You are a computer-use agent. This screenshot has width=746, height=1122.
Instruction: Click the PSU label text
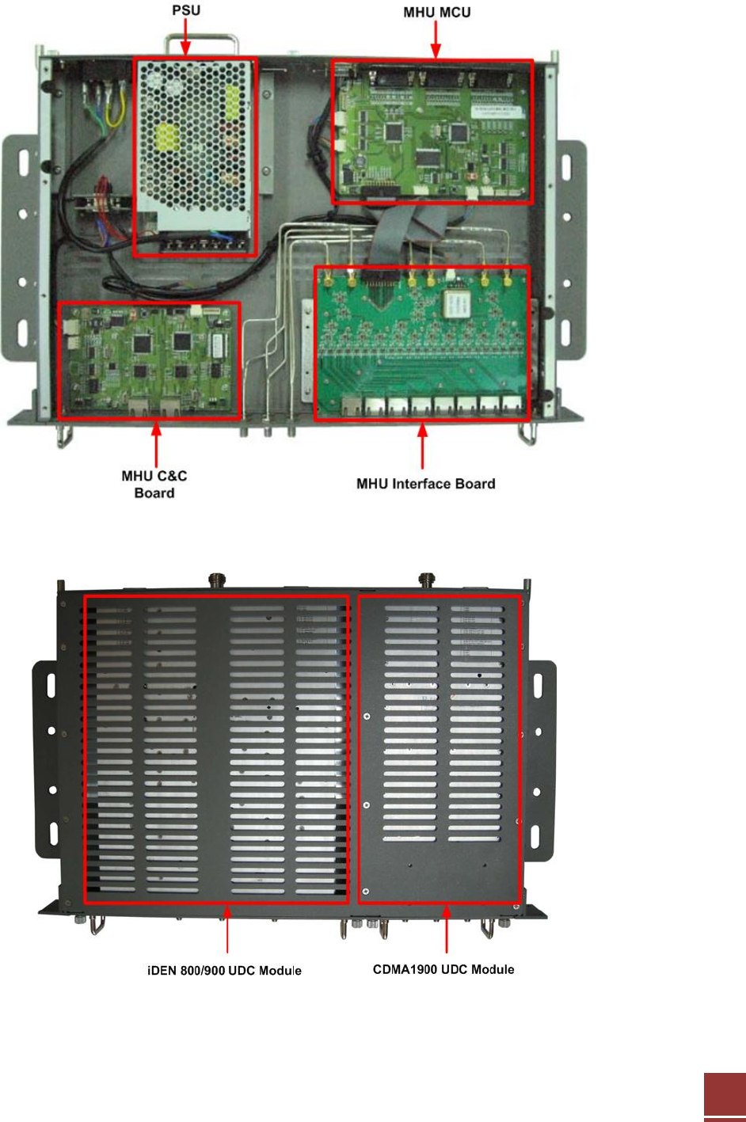(186, 10)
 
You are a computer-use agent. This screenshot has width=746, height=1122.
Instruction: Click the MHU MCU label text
(436, 13)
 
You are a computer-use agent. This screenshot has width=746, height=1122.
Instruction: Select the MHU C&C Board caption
(154, 484)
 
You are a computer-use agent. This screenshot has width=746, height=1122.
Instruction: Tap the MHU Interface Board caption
(425, 484)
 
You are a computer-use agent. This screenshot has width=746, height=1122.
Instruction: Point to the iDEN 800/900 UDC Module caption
(224, 970)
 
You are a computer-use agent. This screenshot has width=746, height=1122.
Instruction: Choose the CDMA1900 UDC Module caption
(443, 969)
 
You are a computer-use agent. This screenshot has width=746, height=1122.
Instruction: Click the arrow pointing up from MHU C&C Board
(156, 443)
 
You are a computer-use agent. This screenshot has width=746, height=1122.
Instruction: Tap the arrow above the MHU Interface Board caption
(422, 447)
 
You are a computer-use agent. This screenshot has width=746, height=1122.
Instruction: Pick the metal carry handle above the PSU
(202, 41)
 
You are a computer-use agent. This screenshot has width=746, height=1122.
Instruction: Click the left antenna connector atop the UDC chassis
(214, 580)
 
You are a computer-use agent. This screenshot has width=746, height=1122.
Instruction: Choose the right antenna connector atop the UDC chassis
(428, 580)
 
